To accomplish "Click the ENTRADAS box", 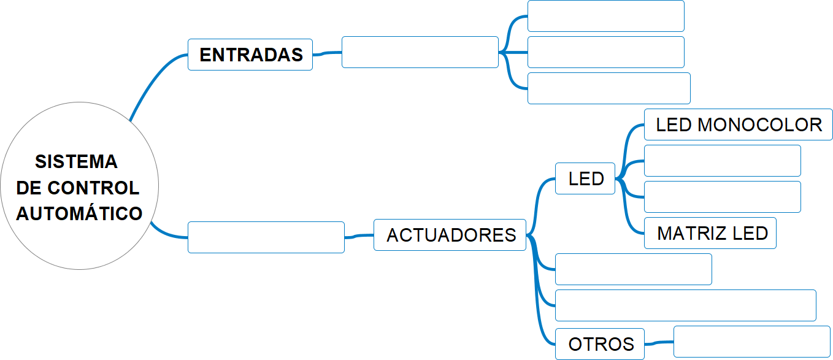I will (250, 55).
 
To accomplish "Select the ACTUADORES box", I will (450, 235).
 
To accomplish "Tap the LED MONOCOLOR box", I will (739, 125).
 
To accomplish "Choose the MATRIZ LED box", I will (710, 233).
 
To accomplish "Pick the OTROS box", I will (600, 344).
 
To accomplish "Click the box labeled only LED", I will (585, 178).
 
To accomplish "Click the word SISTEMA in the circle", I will (76, 162).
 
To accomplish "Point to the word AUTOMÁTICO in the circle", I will (79, 213).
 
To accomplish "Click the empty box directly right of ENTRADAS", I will (420, 52).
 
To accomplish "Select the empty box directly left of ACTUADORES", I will (266, 237).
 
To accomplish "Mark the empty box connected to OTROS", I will (751, 342).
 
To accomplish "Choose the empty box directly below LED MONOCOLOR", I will (723, 161).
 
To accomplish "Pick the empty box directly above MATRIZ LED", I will (723, 197).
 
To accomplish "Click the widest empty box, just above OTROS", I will (685, 305).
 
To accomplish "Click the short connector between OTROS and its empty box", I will (659, 342).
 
